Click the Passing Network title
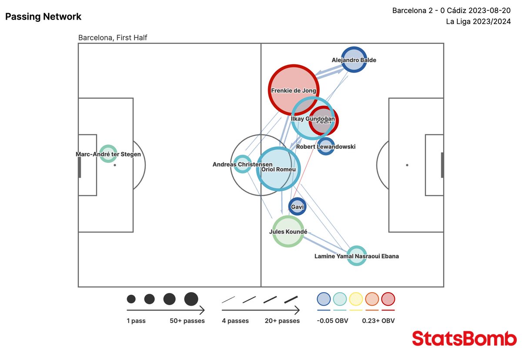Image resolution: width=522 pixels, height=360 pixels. (43, 17)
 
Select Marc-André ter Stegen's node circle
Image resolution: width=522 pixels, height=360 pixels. (108, 154)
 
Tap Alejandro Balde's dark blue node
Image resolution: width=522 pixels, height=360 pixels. (354, 60)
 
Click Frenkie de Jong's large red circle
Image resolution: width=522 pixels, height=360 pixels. (294, 90)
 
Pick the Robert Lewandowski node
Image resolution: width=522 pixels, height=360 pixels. (326, 147)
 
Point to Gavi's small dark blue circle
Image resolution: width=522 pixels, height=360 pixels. (297, 207)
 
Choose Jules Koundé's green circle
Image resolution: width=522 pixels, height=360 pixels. (288, 231)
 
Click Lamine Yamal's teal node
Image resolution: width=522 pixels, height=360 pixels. (356, 256)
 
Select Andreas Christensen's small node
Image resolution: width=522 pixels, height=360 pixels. (242, 164)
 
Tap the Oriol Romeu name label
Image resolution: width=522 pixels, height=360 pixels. (278, 169)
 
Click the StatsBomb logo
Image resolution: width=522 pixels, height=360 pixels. (464, 338)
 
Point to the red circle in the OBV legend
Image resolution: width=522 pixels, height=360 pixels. (388, 299)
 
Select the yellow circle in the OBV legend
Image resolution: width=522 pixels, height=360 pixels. (356, 299)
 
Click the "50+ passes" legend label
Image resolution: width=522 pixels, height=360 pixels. (187, 321)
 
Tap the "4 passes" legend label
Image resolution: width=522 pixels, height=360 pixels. (235, 321)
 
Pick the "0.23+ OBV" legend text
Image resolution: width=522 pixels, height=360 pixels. (378, 321)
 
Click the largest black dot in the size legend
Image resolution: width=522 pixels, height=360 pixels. (191, 299)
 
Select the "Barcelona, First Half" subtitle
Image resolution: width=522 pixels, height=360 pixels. (113, 38)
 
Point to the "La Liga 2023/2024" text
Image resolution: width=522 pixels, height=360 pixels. (478, 22)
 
